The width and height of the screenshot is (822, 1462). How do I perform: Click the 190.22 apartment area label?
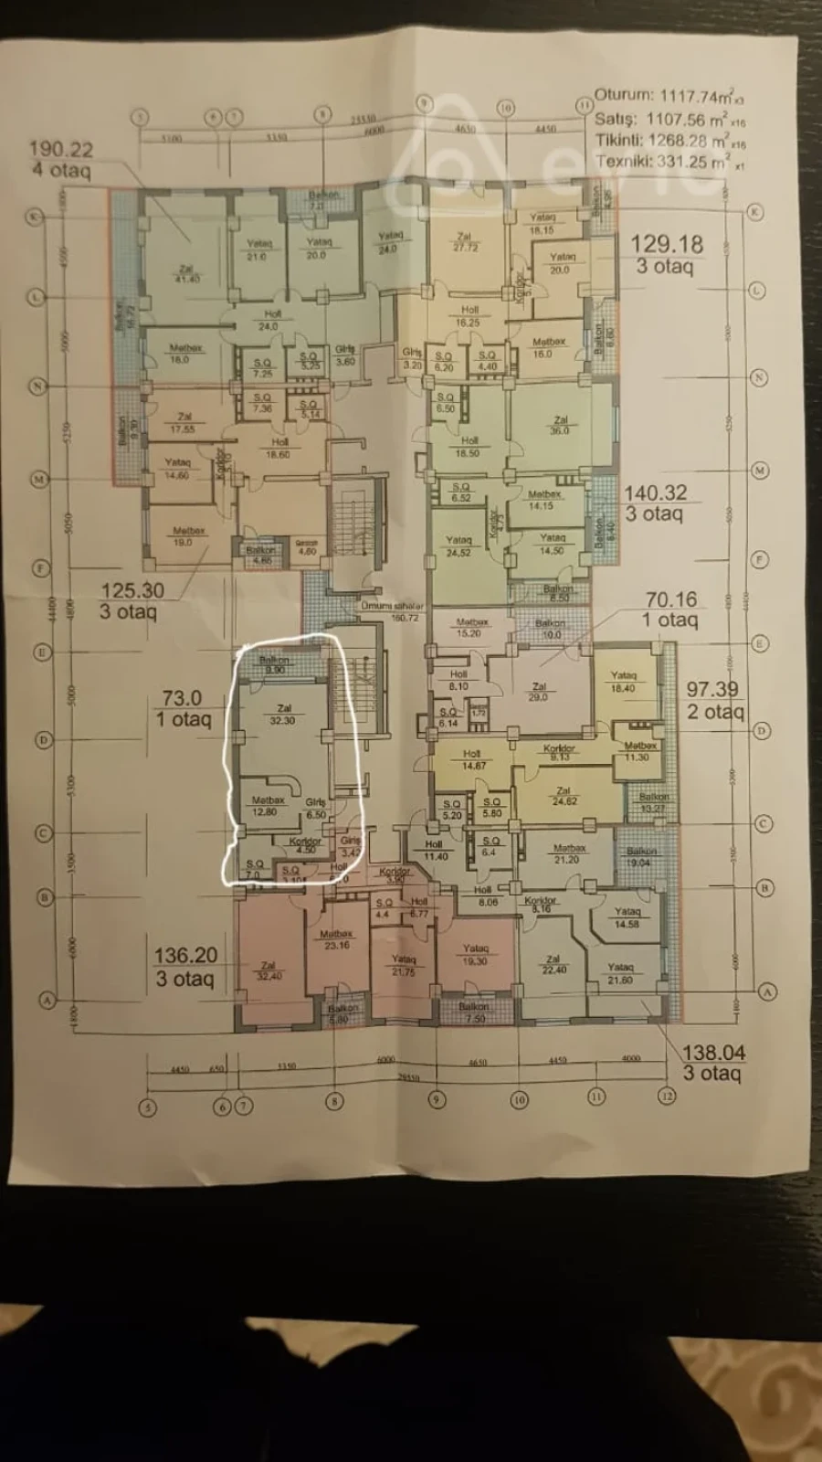(x=60, y=149)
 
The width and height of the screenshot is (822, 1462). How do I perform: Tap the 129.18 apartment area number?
(x=667, y=244)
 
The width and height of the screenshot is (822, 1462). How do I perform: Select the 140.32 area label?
(x=655, y=493)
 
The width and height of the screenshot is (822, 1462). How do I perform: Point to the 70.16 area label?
(x=671, y=599)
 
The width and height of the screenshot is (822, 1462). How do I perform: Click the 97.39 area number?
(x=712, y=690)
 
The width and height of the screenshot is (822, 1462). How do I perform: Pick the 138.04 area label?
(x=713, y=1053)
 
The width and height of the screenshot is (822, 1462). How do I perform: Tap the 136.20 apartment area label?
(x=185, y=956)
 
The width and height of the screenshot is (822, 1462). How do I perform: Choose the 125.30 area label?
(x=132, y=590)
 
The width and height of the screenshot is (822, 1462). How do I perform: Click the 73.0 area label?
(x=182, y=697)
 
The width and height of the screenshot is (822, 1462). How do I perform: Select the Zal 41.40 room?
(x=186, y=273)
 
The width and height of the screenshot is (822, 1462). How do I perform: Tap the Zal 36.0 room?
(x=560, y=426)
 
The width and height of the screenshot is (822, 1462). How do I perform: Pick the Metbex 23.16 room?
(x=336, y=939)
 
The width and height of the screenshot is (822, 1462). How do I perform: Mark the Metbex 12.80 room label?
(x=267, y=806)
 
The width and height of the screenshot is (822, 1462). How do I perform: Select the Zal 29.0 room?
(x=538, y=692)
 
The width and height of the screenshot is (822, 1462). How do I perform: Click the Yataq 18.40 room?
(x=623, y=682)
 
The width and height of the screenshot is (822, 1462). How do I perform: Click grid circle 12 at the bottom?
(x=668, y=1096)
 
